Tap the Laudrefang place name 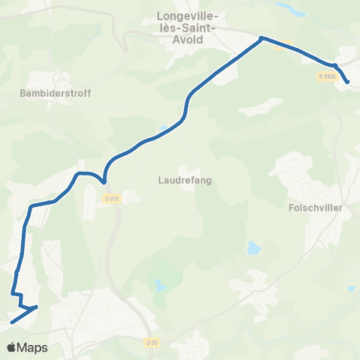(x=178, y=180)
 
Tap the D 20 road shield (x=152, y=343)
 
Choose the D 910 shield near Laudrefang (x=112, y=198)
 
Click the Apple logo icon (x=11, y=348)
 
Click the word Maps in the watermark (x=33, y=348)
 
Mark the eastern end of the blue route (x=348, y=82)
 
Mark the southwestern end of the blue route (x=10, y=323)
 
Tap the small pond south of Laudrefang (x=160, y=284)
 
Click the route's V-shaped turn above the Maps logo (x=36, y=307)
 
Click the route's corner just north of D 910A (x=335, y=66)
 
